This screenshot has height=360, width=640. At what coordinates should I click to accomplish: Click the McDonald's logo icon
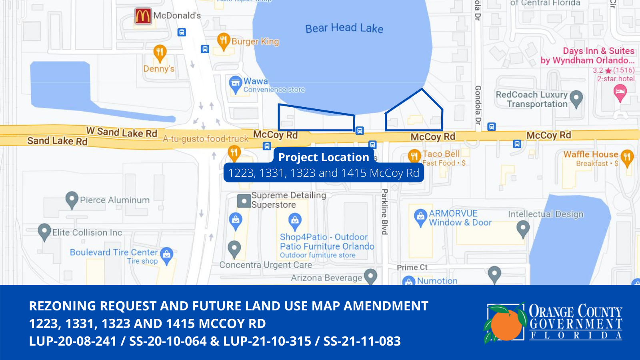point(143,16)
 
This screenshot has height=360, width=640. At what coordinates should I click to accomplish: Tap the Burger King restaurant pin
point(223,40)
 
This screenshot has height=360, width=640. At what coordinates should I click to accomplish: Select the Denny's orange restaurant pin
point(160,52)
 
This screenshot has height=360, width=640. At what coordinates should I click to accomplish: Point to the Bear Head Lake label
point(344,28)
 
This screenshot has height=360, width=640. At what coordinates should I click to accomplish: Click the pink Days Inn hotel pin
point(620,93)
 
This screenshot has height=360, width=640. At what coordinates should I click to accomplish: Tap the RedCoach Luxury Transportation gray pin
point(576,98)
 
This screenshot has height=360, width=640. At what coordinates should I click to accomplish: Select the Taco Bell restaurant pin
point(414,156)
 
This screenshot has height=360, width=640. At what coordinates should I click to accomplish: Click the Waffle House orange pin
point(627,157)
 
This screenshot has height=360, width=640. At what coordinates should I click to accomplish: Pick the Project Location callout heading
point(323,157)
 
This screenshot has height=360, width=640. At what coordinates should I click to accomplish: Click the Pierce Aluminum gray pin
point(72,199)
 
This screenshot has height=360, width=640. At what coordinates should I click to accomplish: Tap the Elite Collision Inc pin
point(44,231)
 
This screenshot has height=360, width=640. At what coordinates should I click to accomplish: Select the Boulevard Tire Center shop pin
point(166,255)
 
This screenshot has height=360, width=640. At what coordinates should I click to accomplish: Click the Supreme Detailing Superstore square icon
point(244,200)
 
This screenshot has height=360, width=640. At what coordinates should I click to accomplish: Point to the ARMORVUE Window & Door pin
point(420,216)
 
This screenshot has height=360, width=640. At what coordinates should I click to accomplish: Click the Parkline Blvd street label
point(384,212)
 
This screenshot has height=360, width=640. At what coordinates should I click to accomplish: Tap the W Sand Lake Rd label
point(122,132)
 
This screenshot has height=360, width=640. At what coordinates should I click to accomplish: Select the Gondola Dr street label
point(478,105)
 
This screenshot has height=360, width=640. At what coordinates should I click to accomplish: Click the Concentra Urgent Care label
point(266,265)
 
